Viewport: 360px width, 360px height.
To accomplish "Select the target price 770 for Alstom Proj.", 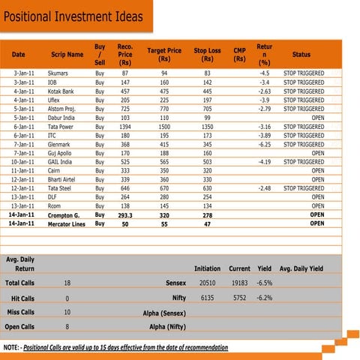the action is point(164,109).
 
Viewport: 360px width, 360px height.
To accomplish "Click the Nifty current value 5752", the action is point(239,298).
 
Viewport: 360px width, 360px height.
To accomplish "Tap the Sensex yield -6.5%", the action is point(264,283).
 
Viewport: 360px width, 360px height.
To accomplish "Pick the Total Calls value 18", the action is point(67,283).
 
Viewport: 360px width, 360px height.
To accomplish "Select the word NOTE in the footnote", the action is point(11,349).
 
